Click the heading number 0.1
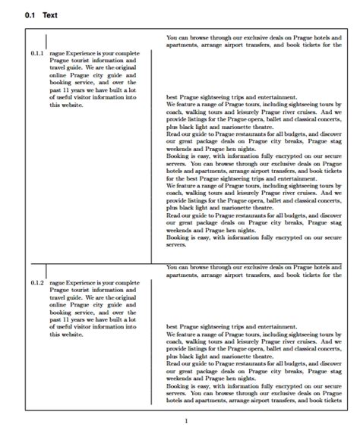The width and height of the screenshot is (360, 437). tap(30, 15)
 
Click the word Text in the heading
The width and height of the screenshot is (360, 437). tap(50, 15)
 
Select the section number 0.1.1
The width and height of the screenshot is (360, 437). tap(37, 55)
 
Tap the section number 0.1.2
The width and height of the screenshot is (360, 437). tap(37, 282)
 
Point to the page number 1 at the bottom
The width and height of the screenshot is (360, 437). tap(186, 421)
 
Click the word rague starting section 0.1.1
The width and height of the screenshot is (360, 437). tap(58, 55)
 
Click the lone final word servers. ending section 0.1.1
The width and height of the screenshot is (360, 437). tap(177, 244)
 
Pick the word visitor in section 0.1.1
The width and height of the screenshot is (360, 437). tap(85, 96)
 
